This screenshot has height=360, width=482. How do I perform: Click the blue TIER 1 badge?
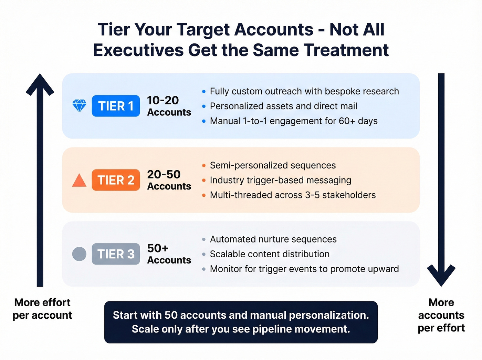coord(116,106)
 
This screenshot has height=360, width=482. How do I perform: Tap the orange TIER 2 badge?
coord(116,180)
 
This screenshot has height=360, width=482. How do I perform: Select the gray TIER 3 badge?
coord(116,254)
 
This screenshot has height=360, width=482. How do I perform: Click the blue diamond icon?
coord(79,106)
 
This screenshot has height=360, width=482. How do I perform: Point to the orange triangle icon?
coord(79,181)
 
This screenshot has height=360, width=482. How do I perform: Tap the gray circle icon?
coord(79,254)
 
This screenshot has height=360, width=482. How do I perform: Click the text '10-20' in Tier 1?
coord(163,100)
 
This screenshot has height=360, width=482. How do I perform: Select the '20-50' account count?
coord(164,174)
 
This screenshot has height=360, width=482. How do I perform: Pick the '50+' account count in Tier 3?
coord(158,248)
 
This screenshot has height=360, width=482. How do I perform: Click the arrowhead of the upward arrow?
coord(40,84)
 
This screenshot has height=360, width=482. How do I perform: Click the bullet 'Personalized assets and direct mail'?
coord(283,106)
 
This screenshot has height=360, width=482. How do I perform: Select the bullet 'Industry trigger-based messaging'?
coord(281,180)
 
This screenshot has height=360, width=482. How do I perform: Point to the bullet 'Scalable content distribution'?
coord(270,254)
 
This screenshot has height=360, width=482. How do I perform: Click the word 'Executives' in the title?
coord(138,50)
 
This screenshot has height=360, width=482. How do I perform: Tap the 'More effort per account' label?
coord(42,309)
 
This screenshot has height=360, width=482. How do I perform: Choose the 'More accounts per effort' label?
coord(441,315)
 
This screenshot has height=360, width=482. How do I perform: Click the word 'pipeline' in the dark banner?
coord(272,329)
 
